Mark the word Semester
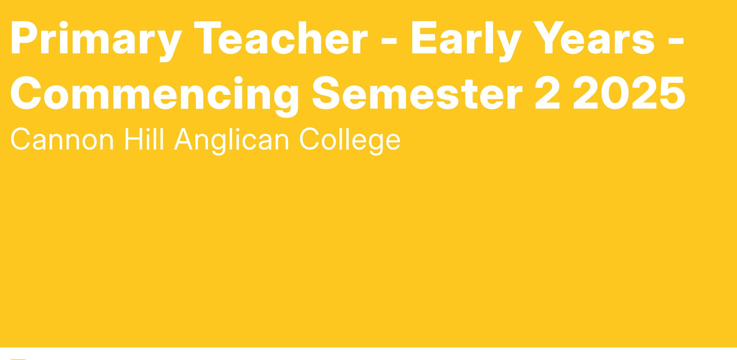coord(417,93)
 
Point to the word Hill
coord(144,139)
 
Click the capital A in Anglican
coord(183,139)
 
